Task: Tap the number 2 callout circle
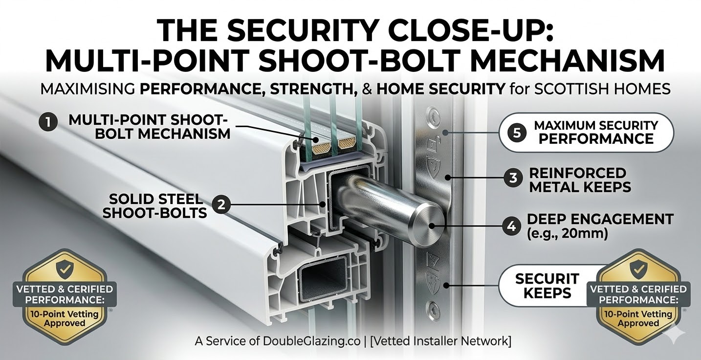221,205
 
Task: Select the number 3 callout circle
513,178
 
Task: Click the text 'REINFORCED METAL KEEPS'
580,180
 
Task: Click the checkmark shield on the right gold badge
638,268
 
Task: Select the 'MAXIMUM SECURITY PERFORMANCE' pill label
586,132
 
